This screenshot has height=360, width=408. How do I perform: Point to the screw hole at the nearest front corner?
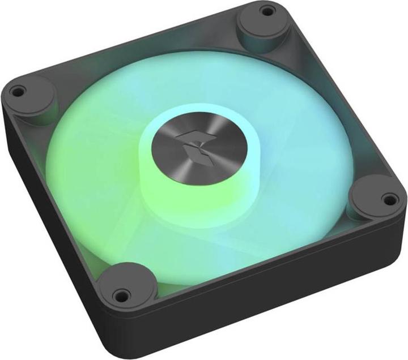pyautogui.click(x=120, y=294)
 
